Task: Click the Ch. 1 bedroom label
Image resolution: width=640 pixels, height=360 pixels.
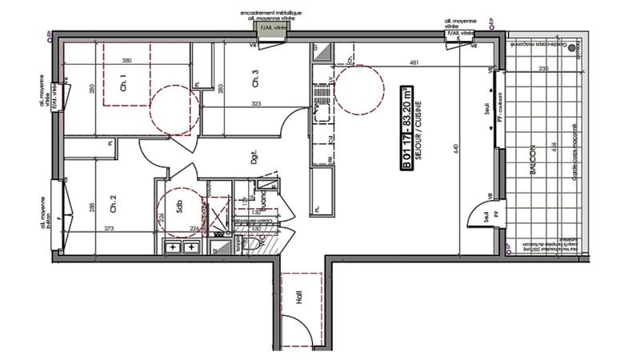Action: coord(123,81)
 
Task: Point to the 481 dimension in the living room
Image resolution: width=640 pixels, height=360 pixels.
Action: coord(414,62)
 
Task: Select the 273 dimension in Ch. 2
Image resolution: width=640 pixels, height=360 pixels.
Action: coord(108,230)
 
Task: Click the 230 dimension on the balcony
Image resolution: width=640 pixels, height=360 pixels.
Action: coord(542,70)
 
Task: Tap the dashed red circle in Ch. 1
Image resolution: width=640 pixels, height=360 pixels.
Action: coord(172,110)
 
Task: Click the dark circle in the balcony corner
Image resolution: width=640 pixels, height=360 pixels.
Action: coord(571,49)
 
